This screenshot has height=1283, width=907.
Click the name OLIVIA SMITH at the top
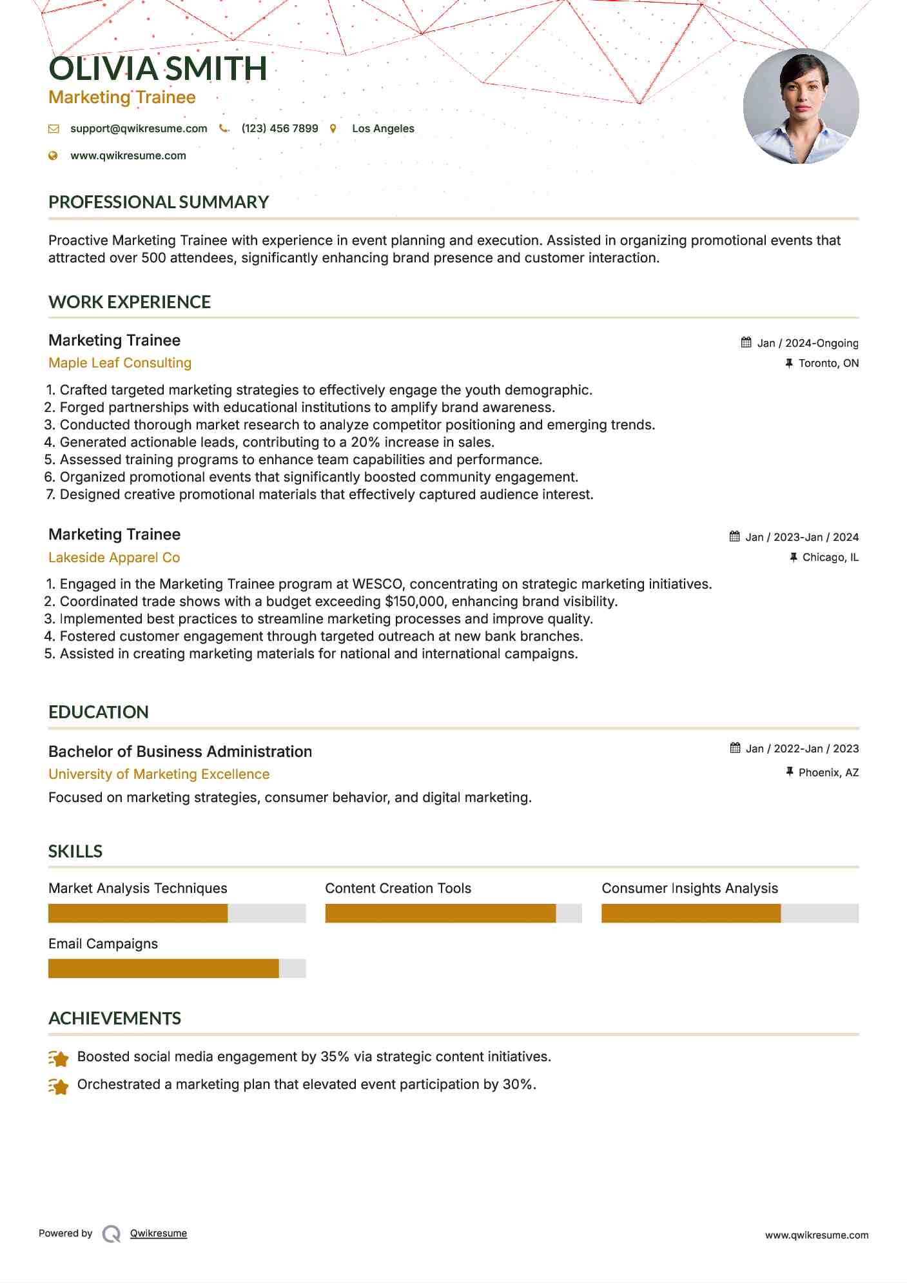coord(157,69)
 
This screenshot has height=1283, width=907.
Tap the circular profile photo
coord(801,106)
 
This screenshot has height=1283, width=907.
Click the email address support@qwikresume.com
coord(139,128)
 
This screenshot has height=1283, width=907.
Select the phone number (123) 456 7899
coord(279,128)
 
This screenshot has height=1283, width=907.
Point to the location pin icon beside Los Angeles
coord(333,128)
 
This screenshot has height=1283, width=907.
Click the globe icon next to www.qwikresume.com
coord(53,155)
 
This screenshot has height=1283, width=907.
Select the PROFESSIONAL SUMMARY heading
coord(159,202)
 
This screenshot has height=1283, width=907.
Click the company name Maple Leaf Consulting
coord(120,363)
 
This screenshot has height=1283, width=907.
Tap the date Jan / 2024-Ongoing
coord(807,343)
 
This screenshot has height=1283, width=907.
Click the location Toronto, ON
coord(828,363)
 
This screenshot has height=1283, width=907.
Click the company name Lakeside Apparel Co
coord(114,558)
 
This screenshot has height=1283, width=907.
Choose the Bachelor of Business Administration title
coord(180,752)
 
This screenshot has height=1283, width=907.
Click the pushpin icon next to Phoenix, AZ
coord(789,772)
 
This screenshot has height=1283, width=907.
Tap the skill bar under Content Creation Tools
coord(453,913)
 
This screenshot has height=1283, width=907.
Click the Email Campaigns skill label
coord(103,944)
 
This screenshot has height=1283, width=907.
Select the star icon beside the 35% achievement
coord(59,1058)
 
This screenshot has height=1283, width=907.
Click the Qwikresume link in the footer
coord(159,1233)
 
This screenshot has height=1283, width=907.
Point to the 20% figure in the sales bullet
coord(365,442)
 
